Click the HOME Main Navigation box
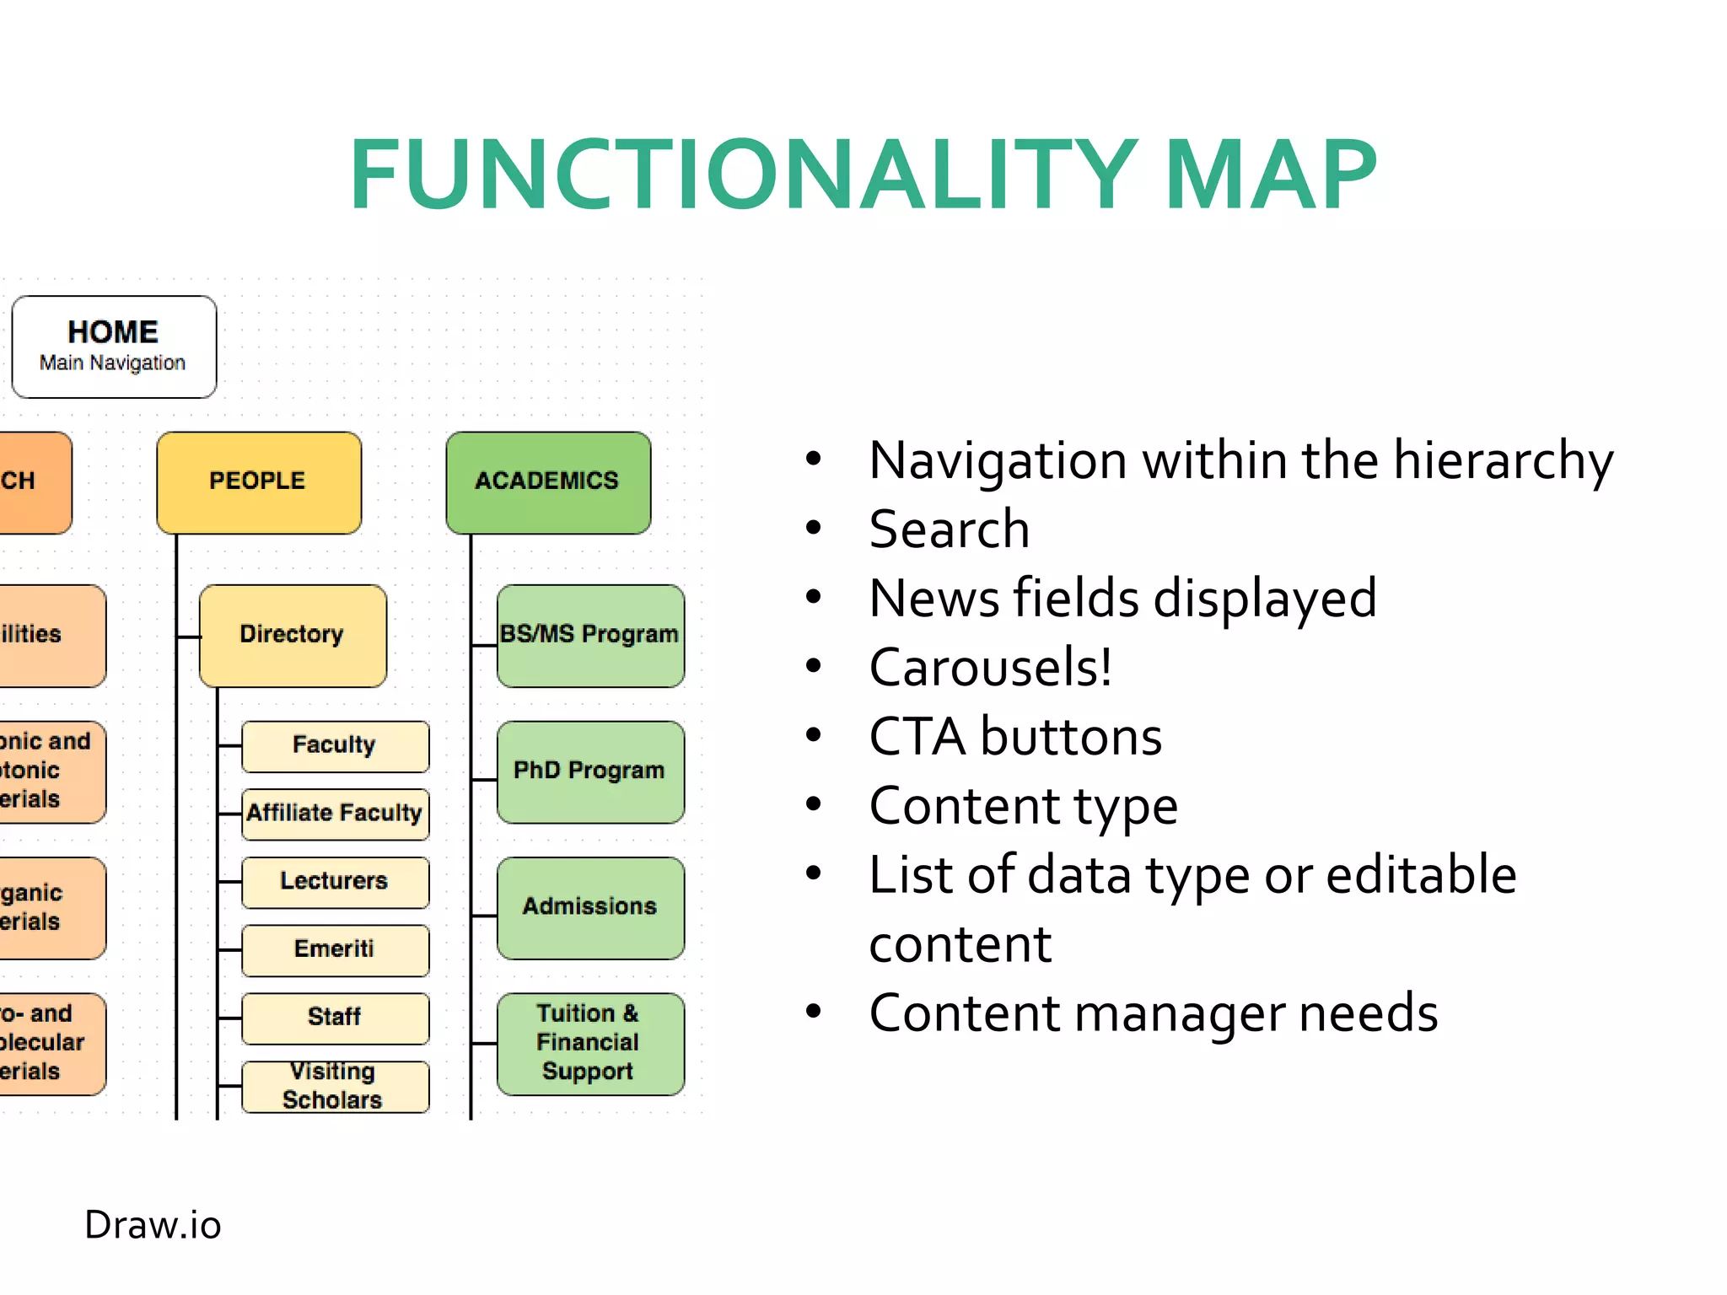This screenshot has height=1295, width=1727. click(x=114, y=347)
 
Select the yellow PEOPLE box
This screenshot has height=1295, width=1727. click(x=259, y=482)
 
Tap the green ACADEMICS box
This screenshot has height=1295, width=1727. click(x=548, y=482)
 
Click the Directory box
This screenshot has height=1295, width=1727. click(x=293, y=635)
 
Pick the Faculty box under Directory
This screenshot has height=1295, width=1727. click(x=335, y=745)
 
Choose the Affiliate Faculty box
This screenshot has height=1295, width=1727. click(x=335, y=814)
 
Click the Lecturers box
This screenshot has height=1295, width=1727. click(x=335, y=882)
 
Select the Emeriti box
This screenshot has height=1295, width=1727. click(x=335, y=949)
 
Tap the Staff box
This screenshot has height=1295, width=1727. click(x=335, y=1018)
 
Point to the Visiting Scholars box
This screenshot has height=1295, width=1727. click(x=335, y=1086)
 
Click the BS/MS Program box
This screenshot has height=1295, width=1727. click(x=590, y=635)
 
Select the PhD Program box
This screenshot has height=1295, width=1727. click(x=590, y=771)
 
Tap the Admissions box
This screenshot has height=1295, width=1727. click(x=590, y=907)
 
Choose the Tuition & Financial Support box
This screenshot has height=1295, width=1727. click(x=590, y=1043)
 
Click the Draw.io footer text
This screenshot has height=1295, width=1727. click(x=153, y=1225)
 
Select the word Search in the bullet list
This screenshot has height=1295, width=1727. click(x=950, y=529)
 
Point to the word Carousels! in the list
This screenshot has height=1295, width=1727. click(x=991, y=668)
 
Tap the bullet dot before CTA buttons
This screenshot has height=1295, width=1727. click(x=813, y=735)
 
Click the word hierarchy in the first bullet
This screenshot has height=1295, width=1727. click(x=1503, y=462)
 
